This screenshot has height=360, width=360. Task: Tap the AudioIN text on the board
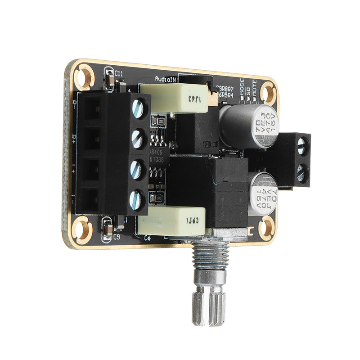166,78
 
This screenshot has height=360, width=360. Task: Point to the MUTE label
255,92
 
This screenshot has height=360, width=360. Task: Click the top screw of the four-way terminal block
139,108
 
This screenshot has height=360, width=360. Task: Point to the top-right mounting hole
268,93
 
